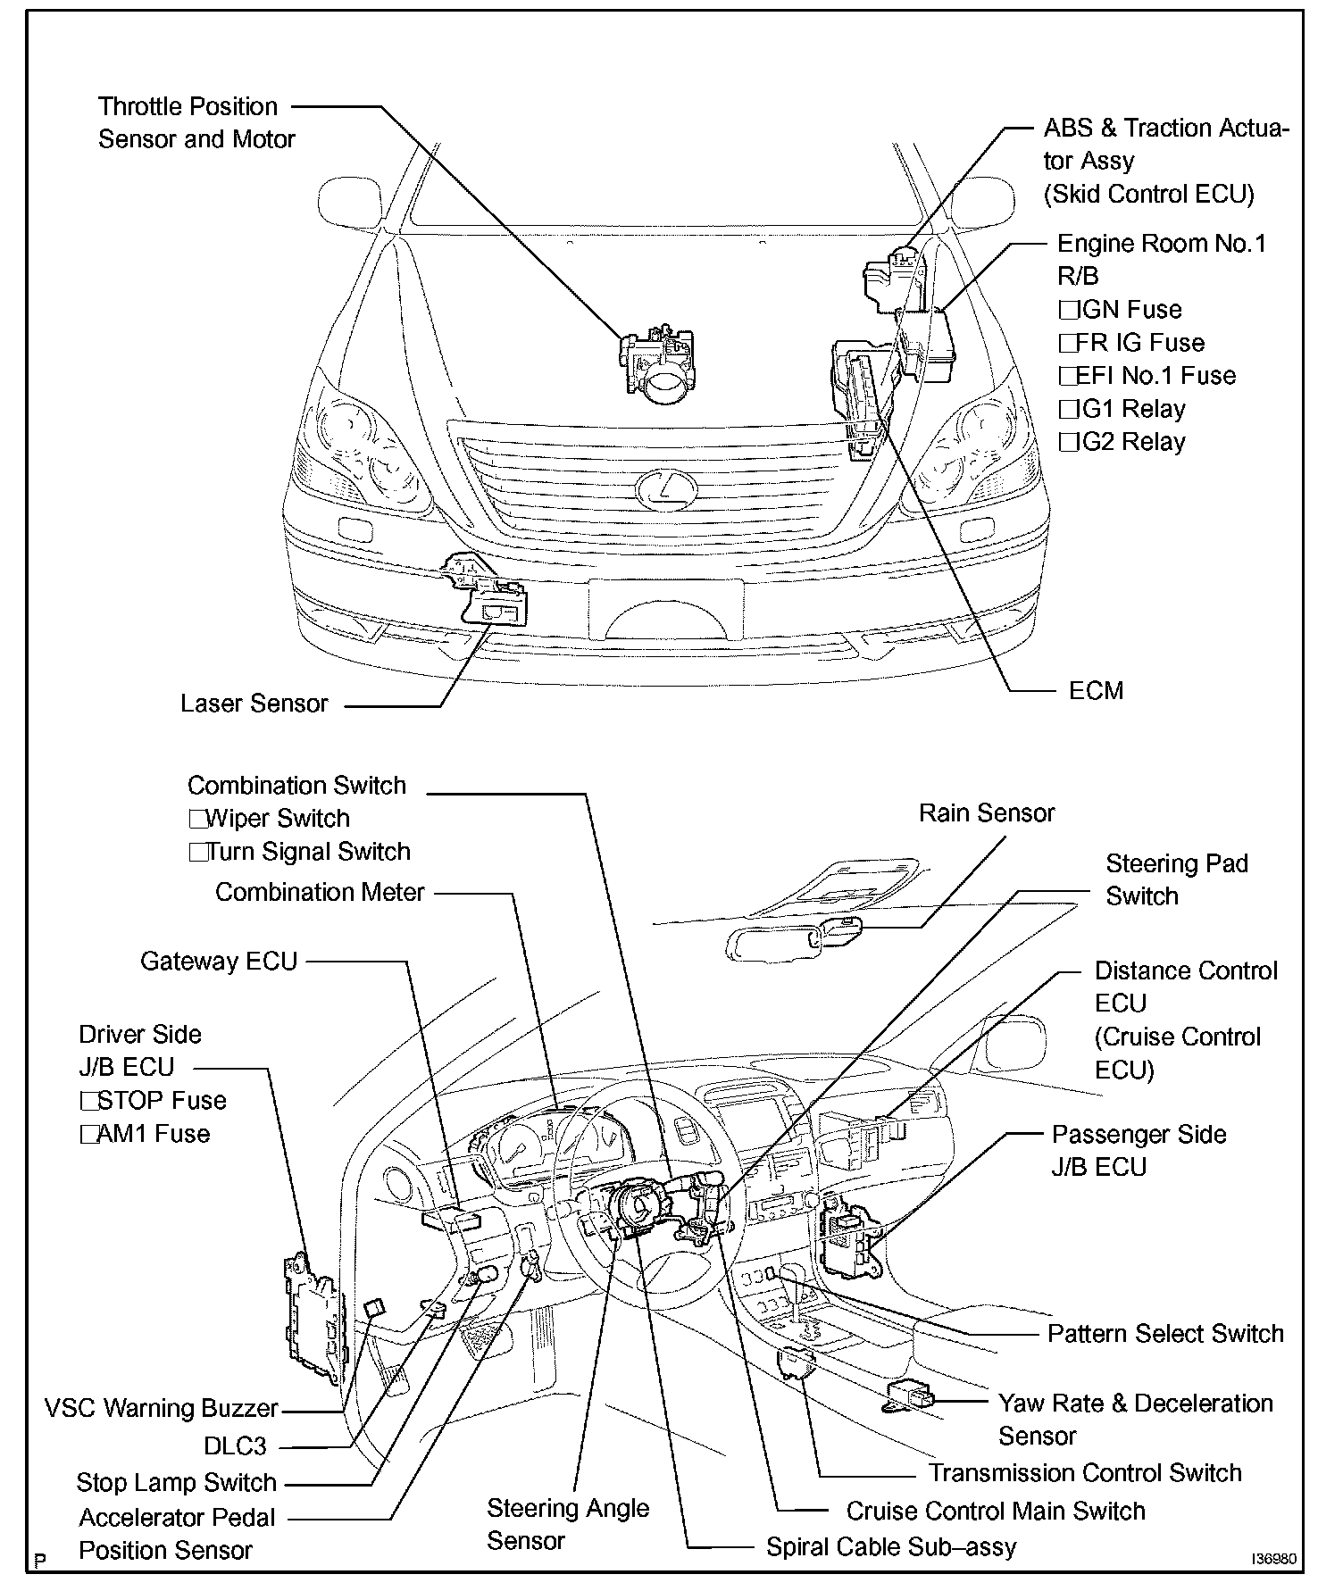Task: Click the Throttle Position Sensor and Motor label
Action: tap(196, 122)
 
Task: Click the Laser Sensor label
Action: tap(254, 704)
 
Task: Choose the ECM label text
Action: tap(1096, 690)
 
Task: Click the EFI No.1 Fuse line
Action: tap(1148, 376)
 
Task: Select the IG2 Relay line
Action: tap(1123, 442)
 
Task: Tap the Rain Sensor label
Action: tap(987, 812)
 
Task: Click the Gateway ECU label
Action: tap(219, 962)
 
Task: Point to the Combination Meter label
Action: tap(320, 892)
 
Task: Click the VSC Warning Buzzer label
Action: tap(162, 1409)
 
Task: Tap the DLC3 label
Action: tap(235, 1445)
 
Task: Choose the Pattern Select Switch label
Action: tap(1165, 1334)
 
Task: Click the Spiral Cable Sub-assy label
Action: tap(891, 1547)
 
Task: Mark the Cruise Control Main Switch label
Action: tap(995, 1512)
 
